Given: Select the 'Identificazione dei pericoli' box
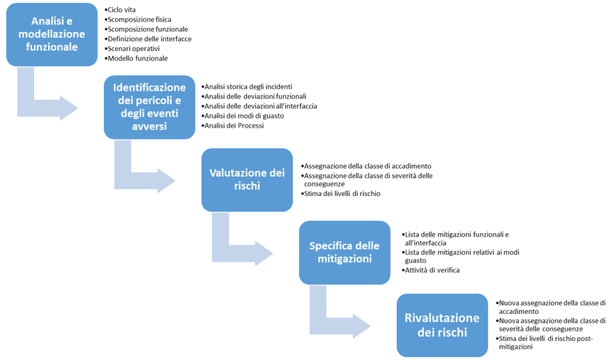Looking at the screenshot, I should (149, 107).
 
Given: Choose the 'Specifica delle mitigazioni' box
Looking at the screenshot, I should (345, 253).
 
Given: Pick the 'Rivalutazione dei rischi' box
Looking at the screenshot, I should (442, 325).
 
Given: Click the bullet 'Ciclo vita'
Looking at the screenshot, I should (122, 10).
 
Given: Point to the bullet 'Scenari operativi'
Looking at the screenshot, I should (135, 49).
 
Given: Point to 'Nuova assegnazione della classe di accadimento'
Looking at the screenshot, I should (551, 306).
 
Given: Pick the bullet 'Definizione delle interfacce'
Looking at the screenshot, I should (149, 39).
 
